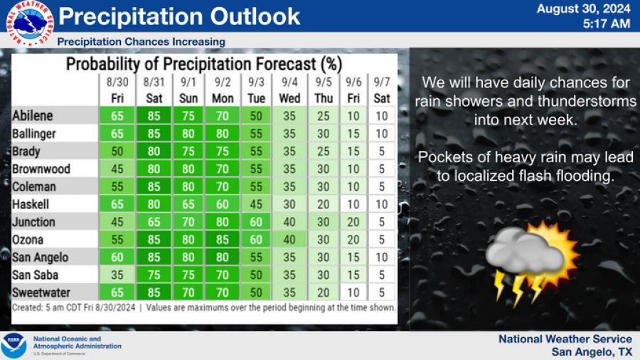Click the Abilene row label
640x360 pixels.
tap(33, 116)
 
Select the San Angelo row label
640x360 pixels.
tap(41, 257)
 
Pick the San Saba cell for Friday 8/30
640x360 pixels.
tap(117, 275)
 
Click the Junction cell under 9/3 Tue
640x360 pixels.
tap(257, 221)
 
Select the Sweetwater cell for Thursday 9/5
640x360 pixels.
tap(324, 292)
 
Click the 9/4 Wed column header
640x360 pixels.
tap(289, 91)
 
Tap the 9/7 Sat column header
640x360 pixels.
tap(382, 91)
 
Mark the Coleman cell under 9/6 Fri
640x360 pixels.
tap(354, 186)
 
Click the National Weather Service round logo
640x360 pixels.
tap(30, 23)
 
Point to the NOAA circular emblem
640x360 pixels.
tap(14, 345)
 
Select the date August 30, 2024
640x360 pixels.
tap(583, 9)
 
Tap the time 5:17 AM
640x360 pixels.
tap(605, 23)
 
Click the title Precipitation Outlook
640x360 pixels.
tap(179, 16)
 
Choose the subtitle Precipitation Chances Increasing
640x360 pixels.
tap(141, 41)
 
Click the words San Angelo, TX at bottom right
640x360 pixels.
tap(591, 351)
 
